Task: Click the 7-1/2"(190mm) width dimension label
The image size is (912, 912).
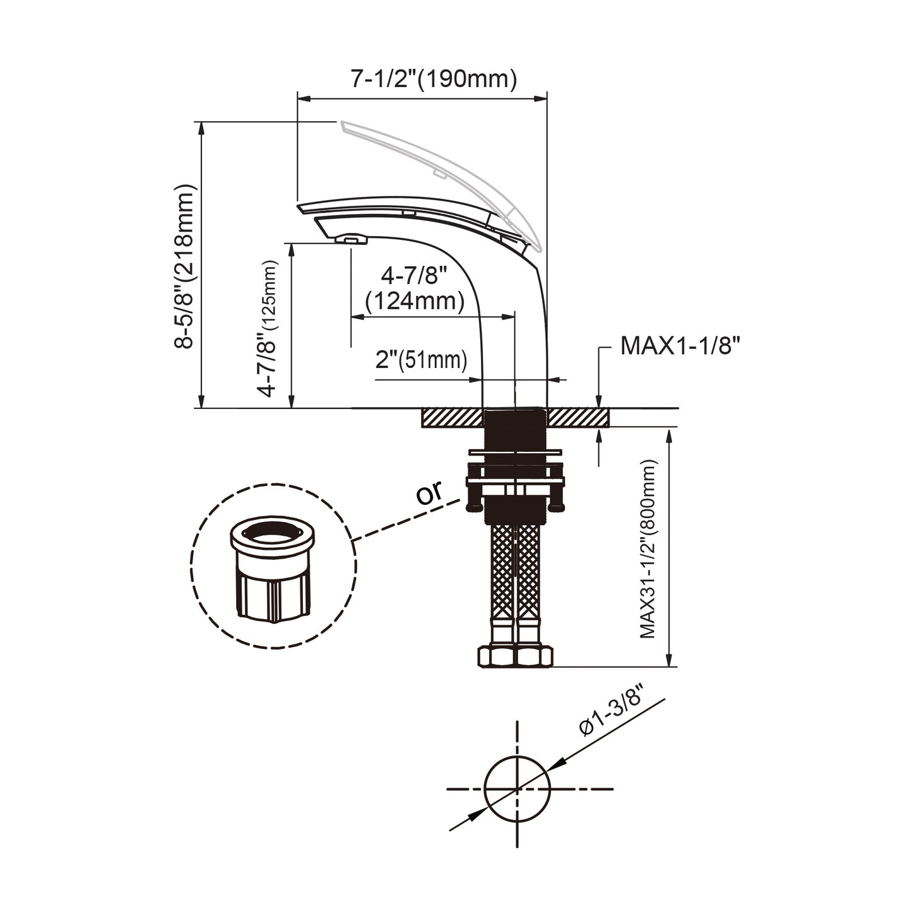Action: tap(434, 80)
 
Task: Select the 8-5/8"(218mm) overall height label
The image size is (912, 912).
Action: tap(185, 266)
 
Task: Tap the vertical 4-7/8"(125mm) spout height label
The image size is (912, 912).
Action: tap(268, 328)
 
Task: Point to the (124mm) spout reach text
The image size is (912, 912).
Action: tap(415, 301)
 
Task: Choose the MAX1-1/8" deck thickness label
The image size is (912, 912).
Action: tap(680, 346)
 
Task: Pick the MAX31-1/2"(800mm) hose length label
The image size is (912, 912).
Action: tap(648, 549)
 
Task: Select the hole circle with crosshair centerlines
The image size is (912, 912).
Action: tap(518, 788)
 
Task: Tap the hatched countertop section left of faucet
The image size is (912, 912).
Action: tap(452, 418)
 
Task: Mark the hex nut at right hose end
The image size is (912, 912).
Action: tap(534, 656)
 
